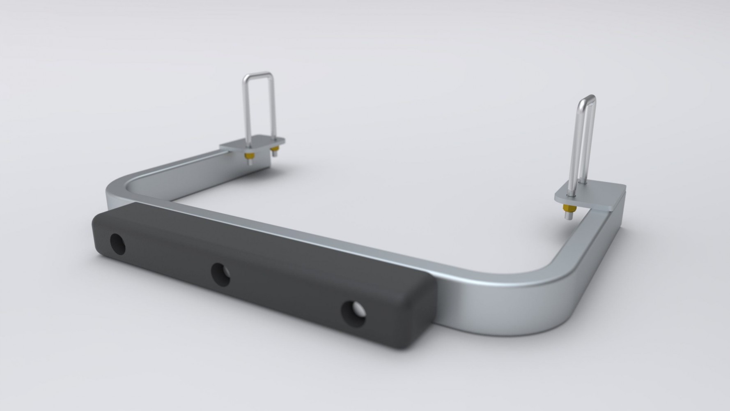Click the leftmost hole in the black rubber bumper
(118, 244)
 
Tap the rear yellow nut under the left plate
(274, 149)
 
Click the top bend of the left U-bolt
(258, 74)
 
